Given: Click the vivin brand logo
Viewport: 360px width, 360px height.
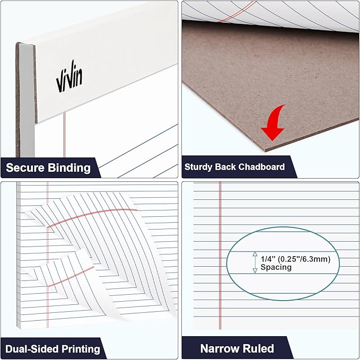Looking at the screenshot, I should pyautogui.click(x=69, y=80).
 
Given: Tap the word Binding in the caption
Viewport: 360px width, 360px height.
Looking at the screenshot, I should pyautogui.click(x=68, y=169).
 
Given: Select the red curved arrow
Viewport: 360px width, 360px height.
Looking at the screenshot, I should pyautogui.click(x=275, y=124).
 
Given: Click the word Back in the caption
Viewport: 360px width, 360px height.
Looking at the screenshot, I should pyautogui.click(x=225, y=166).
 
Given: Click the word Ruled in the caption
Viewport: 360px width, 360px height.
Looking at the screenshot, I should pyautogui.click(x=259, y=348).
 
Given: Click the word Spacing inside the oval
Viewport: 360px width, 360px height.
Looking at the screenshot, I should pyautogui.click(x=276, y=267).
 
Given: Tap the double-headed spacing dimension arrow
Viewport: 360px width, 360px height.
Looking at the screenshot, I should pyautogui.click(x=254, y=262).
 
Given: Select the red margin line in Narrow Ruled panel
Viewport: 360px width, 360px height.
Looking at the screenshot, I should pyautogui.click(x=219, y=254).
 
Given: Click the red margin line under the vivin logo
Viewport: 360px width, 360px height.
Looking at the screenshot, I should pyautogui.click(x=64, y=138).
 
